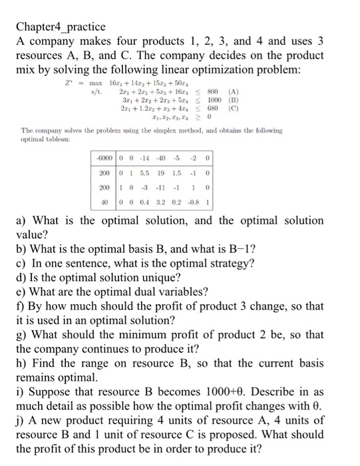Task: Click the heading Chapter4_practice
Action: tap(60, 27)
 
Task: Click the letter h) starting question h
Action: tap(21, 363)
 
